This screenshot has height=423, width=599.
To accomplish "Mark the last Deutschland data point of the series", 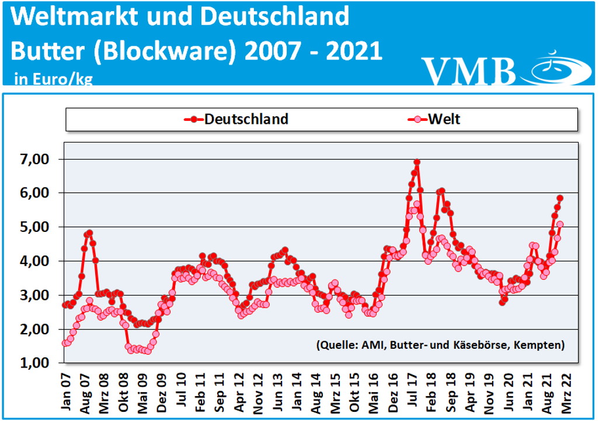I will pos(560,198).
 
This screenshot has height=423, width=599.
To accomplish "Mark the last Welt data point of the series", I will pos(560,224).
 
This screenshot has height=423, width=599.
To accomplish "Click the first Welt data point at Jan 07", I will pos(65,343).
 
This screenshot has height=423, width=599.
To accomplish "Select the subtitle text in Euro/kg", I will pos(53,79).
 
